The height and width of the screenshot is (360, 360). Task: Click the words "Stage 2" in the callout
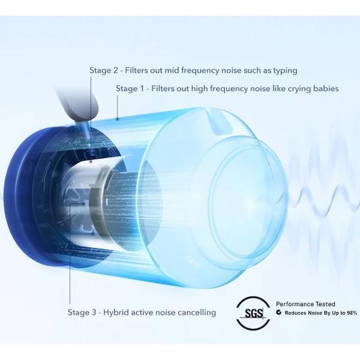104,70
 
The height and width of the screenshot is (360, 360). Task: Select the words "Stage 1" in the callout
130,88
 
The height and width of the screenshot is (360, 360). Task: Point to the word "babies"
326,88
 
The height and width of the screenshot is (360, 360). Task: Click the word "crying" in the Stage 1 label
299,89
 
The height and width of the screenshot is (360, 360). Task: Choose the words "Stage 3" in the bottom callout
82,313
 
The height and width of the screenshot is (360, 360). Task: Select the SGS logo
253,313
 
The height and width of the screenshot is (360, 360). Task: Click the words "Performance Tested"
305,304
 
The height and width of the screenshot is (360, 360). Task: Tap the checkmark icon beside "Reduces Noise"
279,312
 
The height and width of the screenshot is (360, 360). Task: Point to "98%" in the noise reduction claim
351,313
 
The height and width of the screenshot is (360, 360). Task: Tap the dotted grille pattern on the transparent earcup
193,261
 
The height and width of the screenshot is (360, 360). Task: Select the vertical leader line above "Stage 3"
70,254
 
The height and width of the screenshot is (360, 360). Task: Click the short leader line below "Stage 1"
118,107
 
